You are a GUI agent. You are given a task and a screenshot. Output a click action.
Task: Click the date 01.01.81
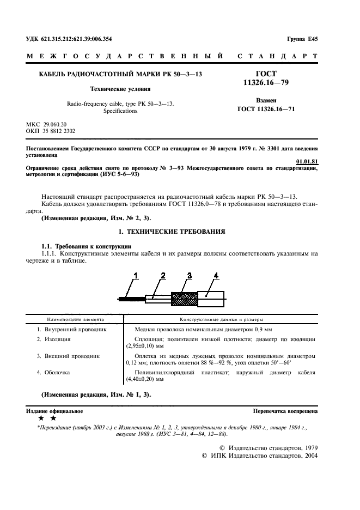tap(307, 161)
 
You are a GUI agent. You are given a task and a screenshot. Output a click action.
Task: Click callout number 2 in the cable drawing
tap(163, 275)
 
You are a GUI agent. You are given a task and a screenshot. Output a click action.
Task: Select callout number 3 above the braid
tap(190, 275)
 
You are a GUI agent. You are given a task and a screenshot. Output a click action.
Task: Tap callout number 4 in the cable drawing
tap(216, 275)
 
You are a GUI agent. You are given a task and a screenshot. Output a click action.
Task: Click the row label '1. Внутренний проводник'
tap(72, 330)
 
